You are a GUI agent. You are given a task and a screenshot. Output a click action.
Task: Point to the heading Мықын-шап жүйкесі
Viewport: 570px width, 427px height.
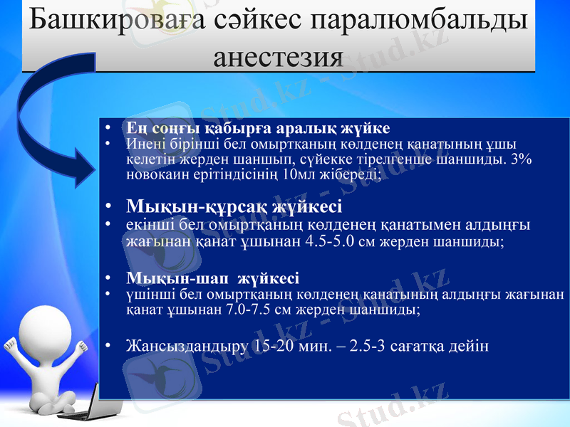(x=212, y=278)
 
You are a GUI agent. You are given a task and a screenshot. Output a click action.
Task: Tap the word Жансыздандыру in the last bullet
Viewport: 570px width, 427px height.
(x=187, y=347)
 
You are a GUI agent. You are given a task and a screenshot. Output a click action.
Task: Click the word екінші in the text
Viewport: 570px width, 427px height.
(x=145, y=225)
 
